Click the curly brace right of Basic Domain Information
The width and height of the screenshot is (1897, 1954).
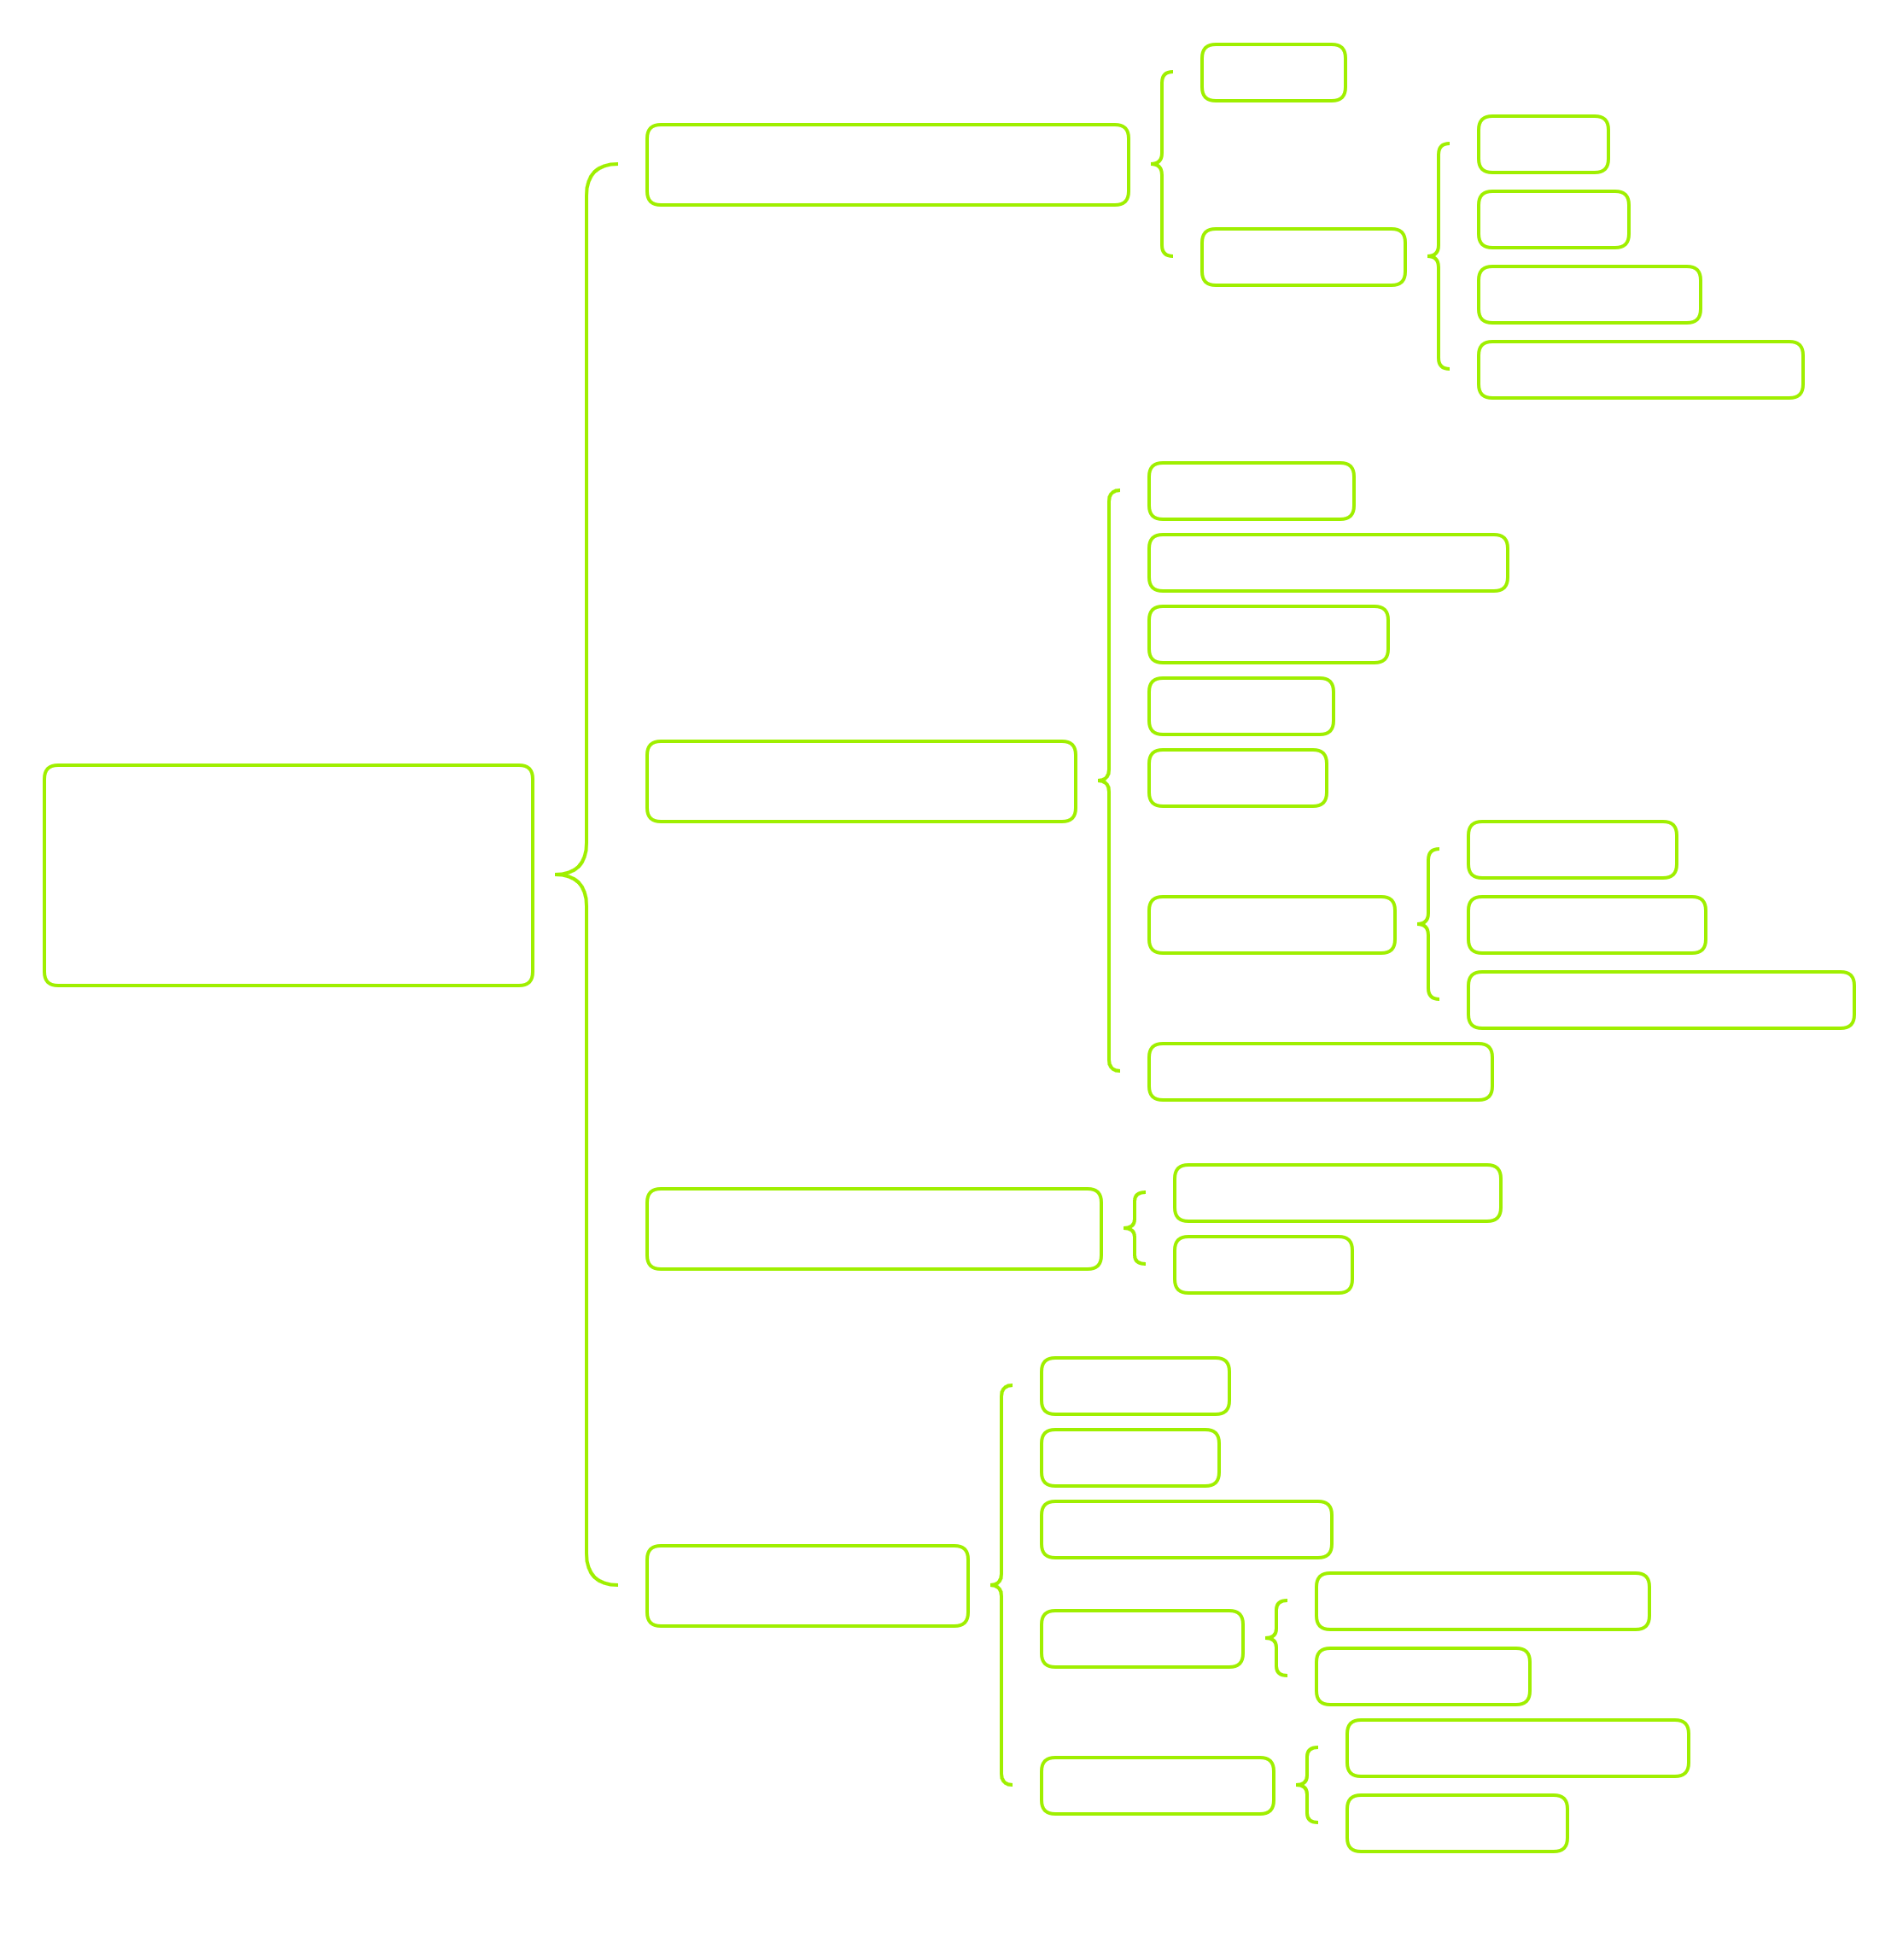coord(1135,1228)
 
